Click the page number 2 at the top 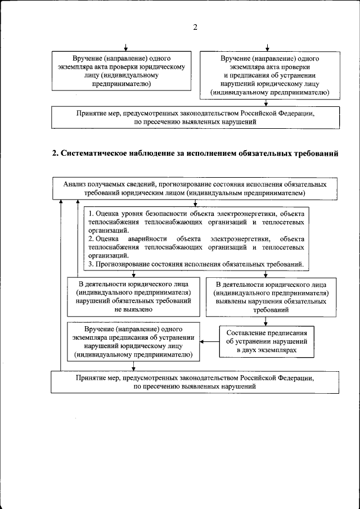pos(195,27)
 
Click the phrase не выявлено pos(133,309)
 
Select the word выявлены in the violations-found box pos(233,301)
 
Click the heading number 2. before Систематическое pos(55,154)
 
